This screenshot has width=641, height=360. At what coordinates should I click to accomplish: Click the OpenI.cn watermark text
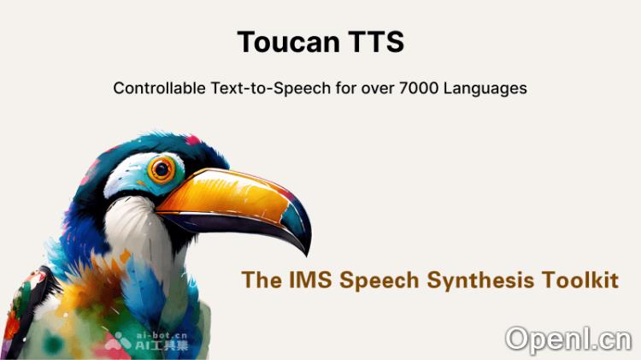(567, 339)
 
